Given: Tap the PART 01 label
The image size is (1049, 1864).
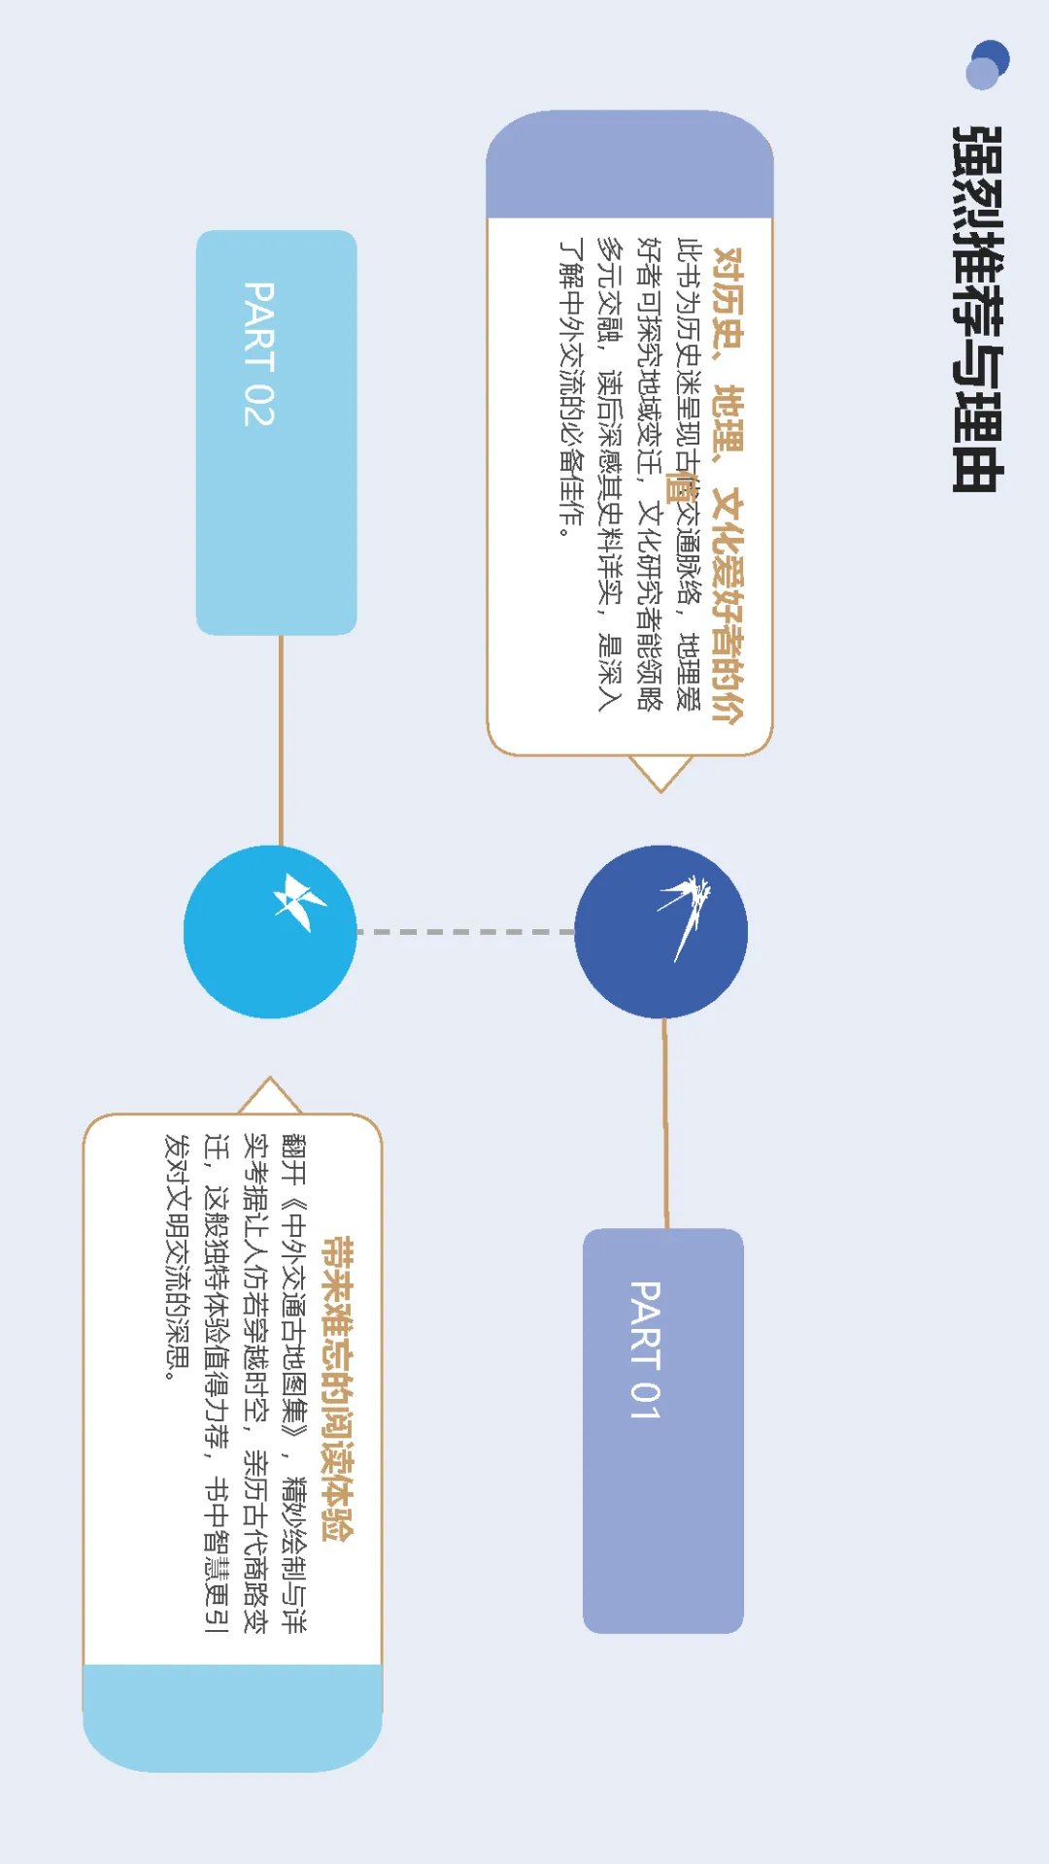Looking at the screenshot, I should [646, 1349].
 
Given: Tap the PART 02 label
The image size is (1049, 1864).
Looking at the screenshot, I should [258, 353].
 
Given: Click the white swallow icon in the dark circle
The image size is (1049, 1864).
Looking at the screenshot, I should [686, 913].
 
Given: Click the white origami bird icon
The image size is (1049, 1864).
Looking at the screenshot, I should [297, 901].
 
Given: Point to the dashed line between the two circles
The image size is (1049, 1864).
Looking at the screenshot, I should [466, 932].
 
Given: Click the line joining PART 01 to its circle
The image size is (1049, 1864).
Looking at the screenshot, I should [665, 1122].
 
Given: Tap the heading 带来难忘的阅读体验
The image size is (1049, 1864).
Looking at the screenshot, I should [337, 1388].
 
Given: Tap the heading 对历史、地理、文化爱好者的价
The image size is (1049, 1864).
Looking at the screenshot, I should [728, 484].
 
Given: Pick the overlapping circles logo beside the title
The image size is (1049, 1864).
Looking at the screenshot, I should [988, 64].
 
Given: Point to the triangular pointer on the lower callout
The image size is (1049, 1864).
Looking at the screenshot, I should [270, 1096].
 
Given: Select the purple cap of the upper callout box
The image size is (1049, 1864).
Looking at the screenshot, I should [629, 165].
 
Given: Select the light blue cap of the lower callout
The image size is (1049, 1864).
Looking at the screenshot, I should [232, 1716].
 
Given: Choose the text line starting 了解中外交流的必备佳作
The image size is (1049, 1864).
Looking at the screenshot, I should [571, 387].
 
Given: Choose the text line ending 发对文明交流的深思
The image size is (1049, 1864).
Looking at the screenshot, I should [178, 1256].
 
